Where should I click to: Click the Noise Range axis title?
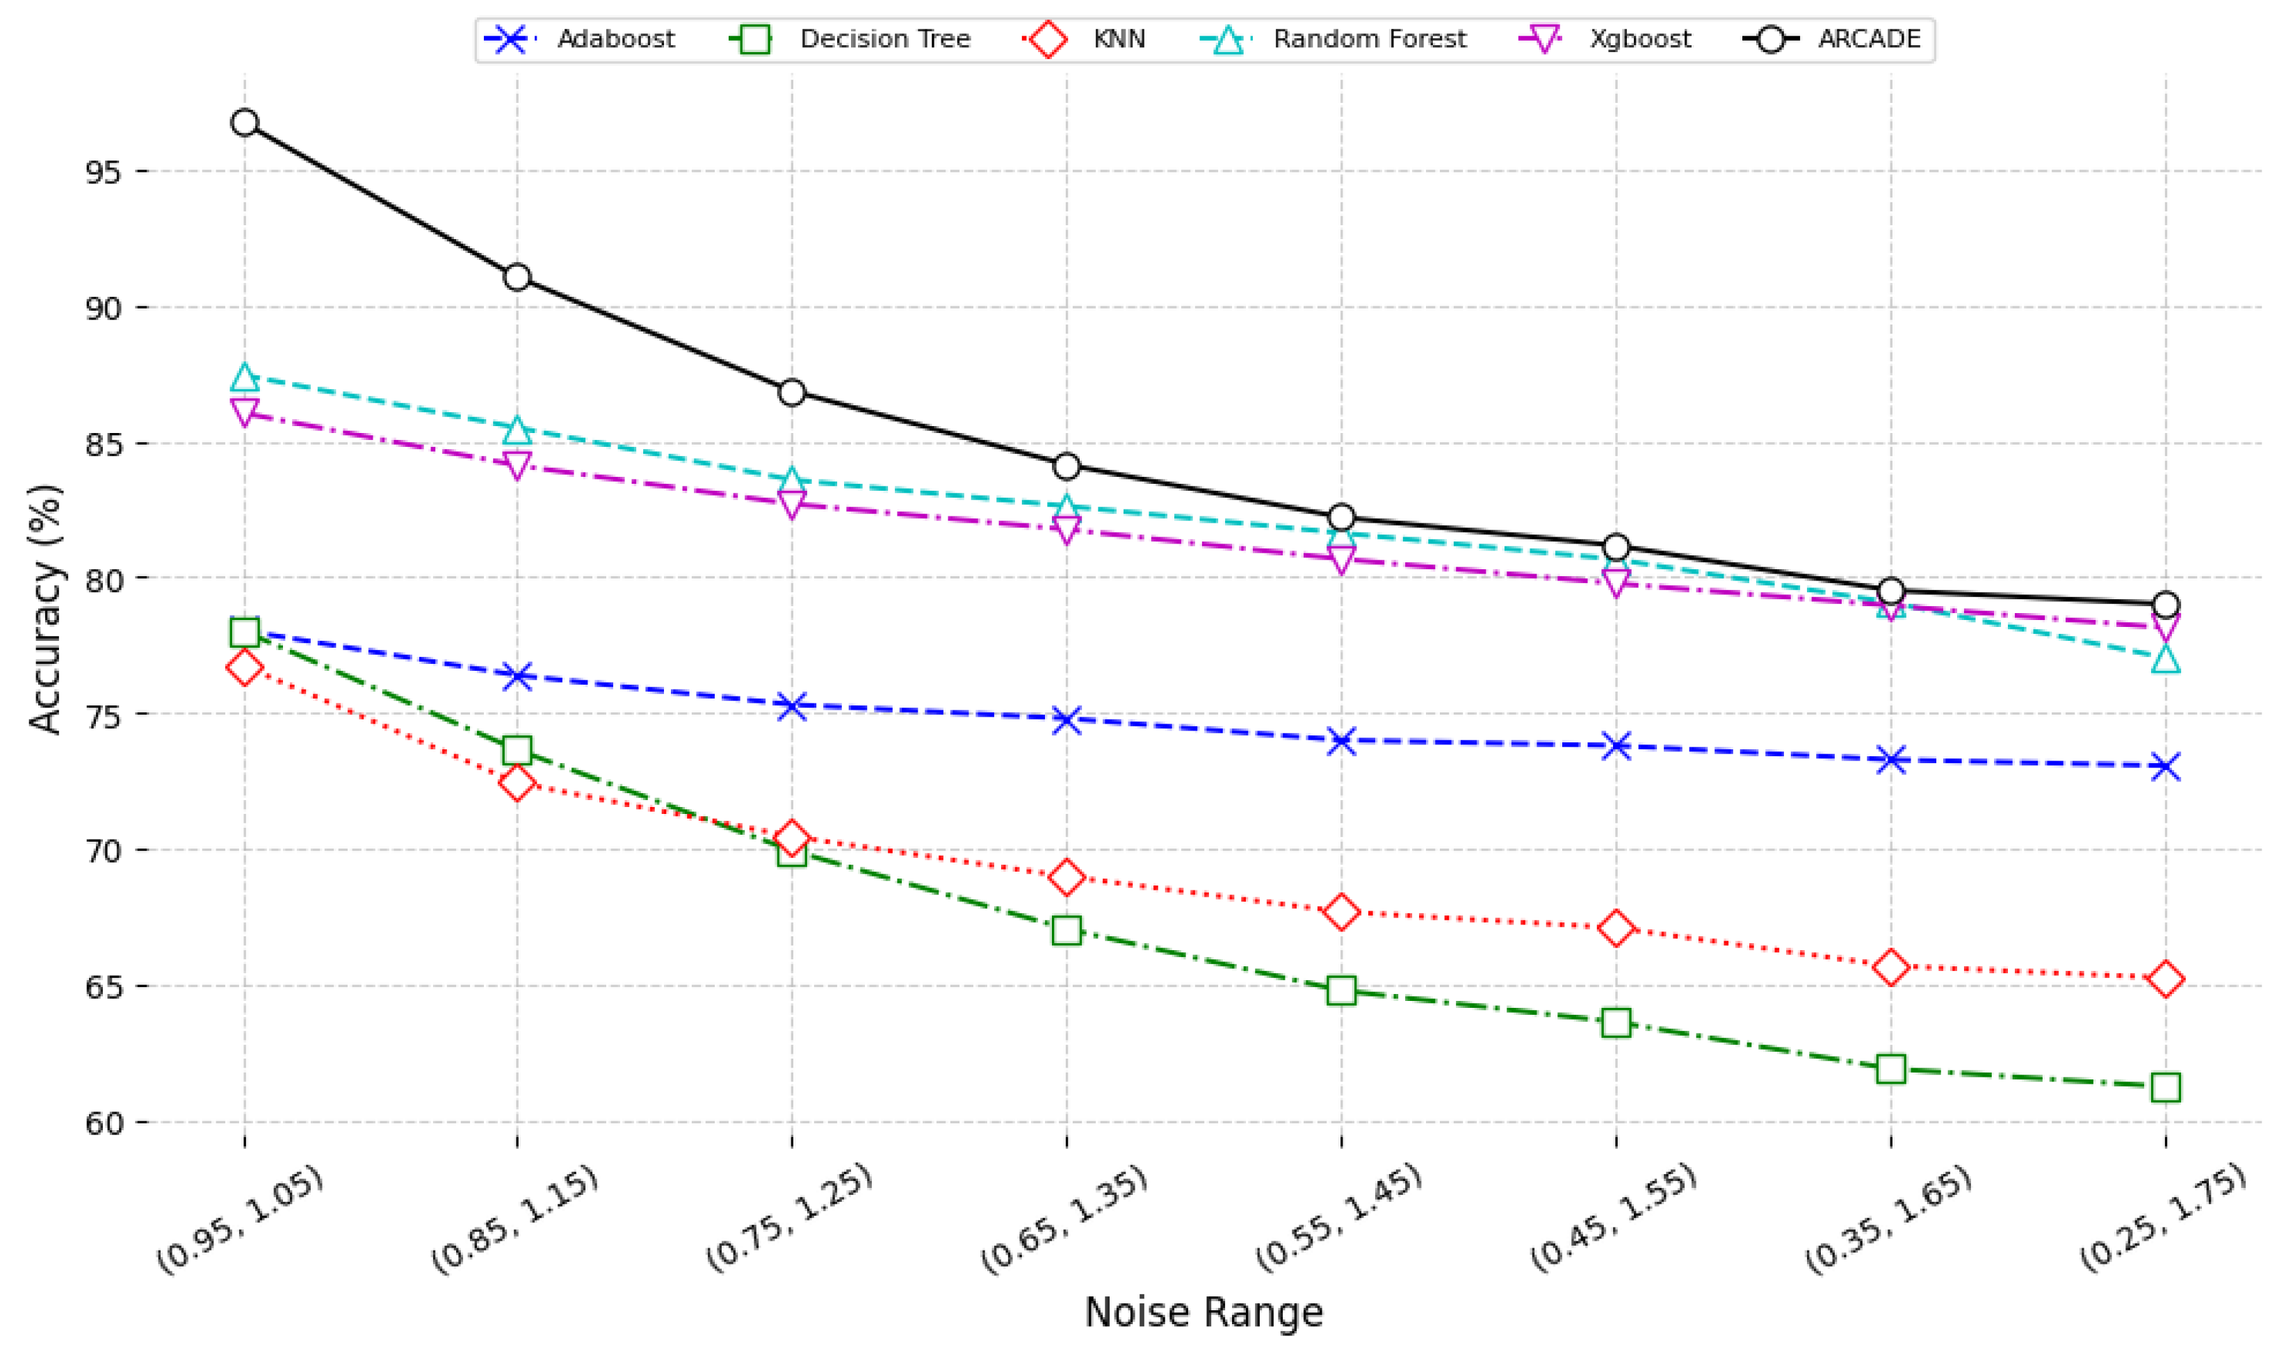1203,1312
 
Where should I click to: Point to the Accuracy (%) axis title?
45,609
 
